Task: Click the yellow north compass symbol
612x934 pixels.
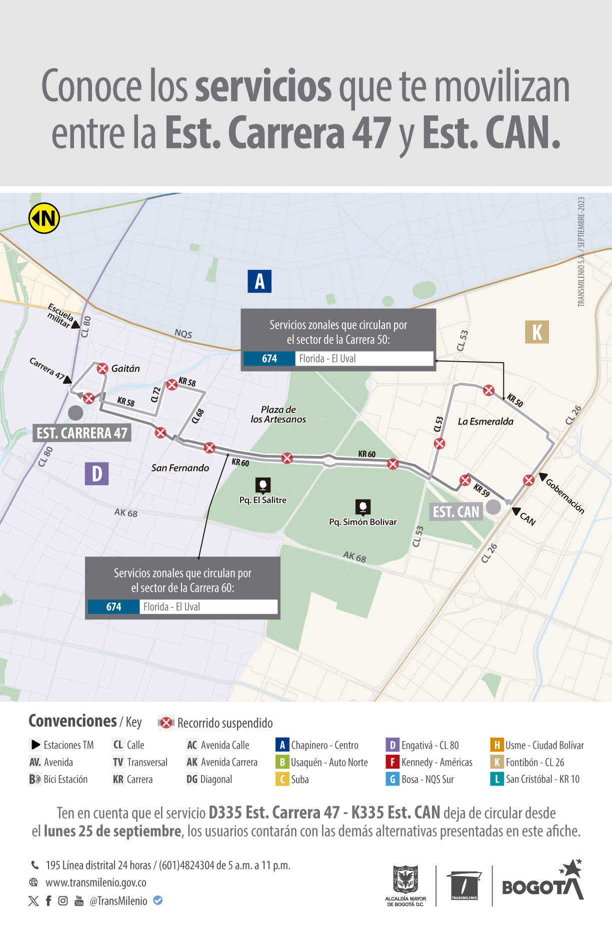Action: point(44,218)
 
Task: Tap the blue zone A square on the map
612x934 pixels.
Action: point(259,281)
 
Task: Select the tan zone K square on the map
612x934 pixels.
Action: point(536,332)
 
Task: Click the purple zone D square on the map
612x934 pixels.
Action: point(96,473)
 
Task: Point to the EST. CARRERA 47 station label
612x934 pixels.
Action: point(82,433)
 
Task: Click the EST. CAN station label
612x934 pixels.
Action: point(456,512)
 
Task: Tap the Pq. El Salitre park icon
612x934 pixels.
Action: point(263,484)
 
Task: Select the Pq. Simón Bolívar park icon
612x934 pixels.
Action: point(363,507)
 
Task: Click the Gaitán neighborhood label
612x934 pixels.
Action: point(125,369)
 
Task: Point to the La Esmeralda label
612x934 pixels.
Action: point(485,422)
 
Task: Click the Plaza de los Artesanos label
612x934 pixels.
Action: point(278,415)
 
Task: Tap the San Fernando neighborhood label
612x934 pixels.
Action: point(180,468)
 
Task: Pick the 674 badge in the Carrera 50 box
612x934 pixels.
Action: point(269,359)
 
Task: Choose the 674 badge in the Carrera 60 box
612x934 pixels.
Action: point(113,607)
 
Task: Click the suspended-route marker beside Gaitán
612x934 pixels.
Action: point(102,369)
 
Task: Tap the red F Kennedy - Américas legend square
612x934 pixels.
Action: point(392,762)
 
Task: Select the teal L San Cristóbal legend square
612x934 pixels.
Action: point(496,779)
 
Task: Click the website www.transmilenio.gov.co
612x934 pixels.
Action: point(96,883)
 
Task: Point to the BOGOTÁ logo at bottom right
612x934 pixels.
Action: point(542,884)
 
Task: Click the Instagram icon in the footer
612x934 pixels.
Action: point(63,901)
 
